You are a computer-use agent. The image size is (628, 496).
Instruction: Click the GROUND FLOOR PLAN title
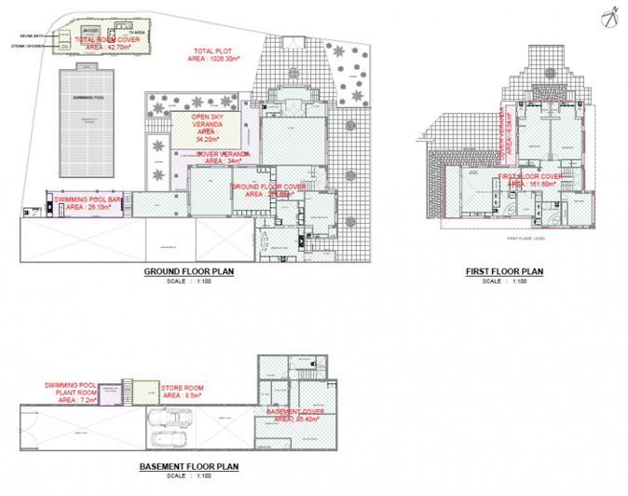188,272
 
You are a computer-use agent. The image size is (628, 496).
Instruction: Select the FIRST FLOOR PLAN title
504,272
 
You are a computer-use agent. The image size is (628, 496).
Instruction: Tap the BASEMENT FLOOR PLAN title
190,466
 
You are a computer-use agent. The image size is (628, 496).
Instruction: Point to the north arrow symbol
611,15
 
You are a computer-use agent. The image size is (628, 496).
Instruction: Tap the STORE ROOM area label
183,391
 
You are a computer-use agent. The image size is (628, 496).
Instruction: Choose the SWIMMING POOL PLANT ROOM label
72,389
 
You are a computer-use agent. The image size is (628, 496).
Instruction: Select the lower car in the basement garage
168,440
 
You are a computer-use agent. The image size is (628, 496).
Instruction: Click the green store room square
143,393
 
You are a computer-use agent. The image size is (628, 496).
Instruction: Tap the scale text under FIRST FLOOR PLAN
504,282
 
